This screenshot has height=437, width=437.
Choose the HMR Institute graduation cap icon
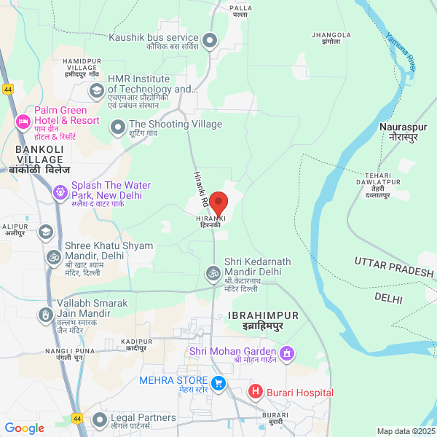point(96,90)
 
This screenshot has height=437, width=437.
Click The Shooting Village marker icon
point(118,128)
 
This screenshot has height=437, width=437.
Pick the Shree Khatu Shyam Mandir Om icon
point(53,256)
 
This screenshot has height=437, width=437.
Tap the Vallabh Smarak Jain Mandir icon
point(45,315)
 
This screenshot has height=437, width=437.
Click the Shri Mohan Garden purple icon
point(288,354)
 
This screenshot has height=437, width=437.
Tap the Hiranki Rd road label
point(201,188)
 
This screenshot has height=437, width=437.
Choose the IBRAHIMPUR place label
point(263,319)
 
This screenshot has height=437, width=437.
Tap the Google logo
point(24,428)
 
